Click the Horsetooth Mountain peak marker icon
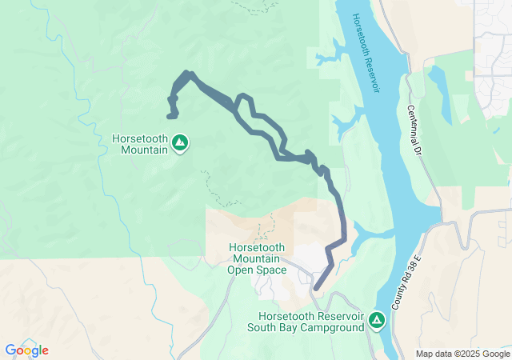click(180, 143)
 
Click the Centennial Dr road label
click(414, 130)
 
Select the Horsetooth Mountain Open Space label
click(256, 258)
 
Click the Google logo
click(26, 350)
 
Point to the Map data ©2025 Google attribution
click(463, 354)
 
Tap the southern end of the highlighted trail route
click(317, 288)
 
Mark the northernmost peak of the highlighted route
click(188, 74)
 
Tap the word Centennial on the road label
click(412, 121)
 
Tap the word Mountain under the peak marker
click(140, 150)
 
